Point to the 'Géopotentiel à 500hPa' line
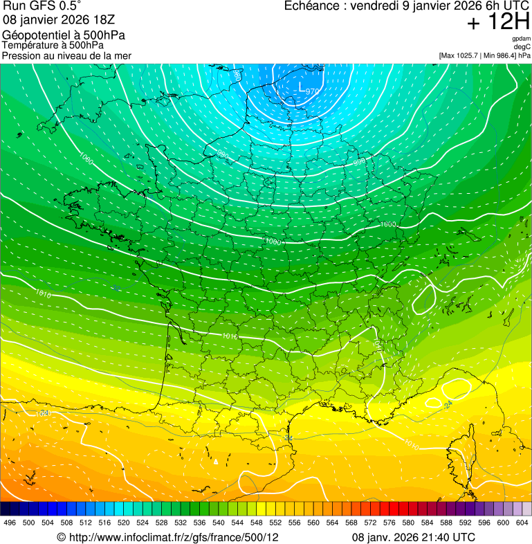pyautogui.click(x=64, y=35)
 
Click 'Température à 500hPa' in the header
pyautogui.click(x=53, y=45)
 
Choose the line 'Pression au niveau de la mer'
pyautogui.click(x=66, y=55)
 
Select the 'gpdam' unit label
pyautogui.click(x=521, y=39)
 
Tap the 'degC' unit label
pyautogui.click(x=522, y=47)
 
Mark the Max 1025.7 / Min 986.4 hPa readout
pyautogui.click(x=484, y=55)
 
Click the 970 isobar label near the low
pyautogui.click(x=313, y=91)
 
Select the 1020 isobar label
pyautogui.click(x=44, y=413)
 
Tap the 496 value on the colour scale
pyautogui.click(x=10, y=523)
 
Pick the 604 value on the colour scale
pyautogui.click(x=522, y=523)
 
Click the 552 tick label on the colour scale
pyautogui.click(x=275, y=523)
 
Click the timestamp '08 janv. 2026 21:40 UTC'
pyautogui.click(x=414, y=537)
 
